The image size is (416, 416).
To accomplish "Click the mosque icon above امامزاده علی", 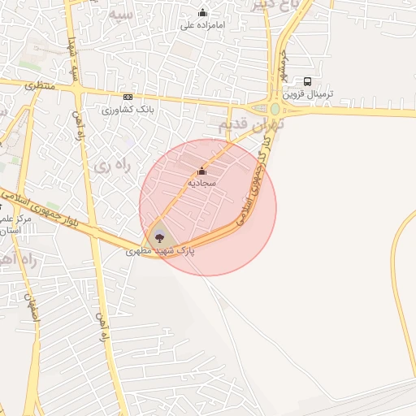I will pos(202,12).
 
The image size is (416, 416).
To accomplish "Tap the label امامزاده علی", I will pos(202,25).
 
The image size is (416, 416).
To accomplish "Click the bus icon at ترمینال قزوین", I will pos(307,81).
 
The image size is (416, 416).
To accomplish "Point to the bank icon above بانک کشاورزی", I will pos(127,96).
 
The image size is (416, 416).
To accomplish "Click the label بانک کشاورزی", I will pos(128,109).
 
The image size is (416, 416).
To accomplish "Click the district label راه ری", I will pos(111,165).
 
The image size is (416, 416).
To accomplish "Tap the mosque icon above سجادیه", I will pos(201,171).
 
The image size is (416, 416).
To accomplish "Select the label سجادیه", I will pos(201,184).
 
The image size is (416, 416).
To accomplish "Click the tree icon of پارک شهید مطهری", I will pos(158,238).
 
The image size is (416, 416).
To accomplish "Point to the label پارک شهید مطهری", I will pos(160,252).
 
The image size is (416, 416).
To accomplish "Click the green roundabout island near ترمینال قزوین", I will pos(275,109).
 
